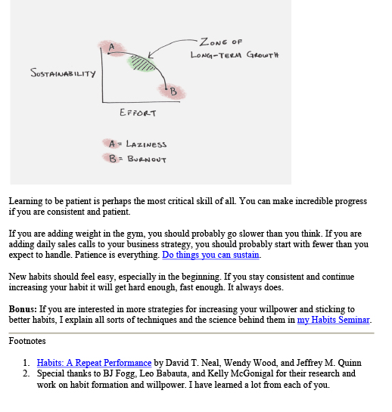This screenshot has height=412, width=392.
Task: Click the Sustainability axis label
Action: (x=63, y=73)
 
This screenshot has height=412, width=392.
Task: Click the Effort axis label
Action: (x=138, y=113)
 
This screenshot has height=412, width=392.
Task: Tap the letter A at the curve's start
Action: (x=111, y=47)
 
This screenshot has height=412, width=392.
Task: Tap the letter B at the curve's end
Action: (x=173, y=91)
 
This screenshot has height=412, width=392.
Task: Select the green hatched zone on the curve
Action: (x=142, y=63)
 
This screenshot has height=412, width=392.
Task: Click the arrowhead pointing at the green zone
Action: (x=151, y=55)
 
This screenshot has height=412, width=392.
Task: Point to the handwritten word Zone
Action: (x=213, y=42)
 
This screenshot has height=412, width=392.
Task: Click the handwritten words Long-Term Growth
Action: (x=235, y=55)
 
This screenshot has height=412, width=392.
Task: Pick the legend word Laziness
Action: (x=146, y=144)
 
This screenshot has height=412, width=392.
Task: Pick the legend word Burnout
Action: (x=147, y=159)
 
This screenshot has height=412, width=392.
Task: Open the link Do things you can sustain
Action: (x=210, y=255)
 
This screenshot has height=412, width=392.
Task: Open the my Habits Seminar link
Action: (x=333, y=320)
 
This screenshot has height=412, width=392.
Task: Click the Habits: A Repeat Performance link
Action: (x=94, y=363)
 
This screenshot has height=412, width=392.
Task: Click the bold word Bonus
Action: (x=23, y=309)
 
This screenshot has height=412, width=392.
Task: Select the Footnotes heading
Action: (x=27, y=341)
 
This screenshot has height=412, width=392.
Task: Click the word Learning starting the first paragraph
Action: (x=26, y=201)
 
